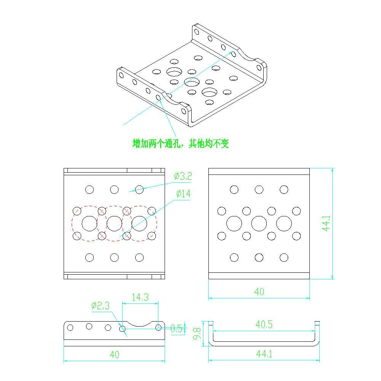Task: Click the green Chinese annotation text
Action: pyautogui.click(x=181, y=143)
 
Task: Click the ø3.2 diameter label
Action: pyautogui.click(x=183, y=176)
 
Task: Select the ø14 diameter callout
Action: pyautogui.click(x=184, y=194)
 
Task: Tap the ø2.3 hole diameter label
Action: pyautogui.click(x=100, y=306)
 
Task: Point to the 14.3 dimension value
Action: pyautogui.click(x=140, y=297)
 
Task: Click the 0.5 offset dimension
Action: pyautogui.click(x=176, y=328)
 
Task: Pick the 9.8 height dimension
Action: pyautogui.click(x=197, y=333)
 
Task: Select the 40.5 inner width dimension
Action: pyautogui.click(x=264, y=324)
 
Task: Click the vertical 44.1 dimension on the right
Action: pyautogui.click(x=326, y=223)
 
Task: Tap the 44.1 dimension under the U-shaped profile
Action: pyautogui.click(x=264, y=354)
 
